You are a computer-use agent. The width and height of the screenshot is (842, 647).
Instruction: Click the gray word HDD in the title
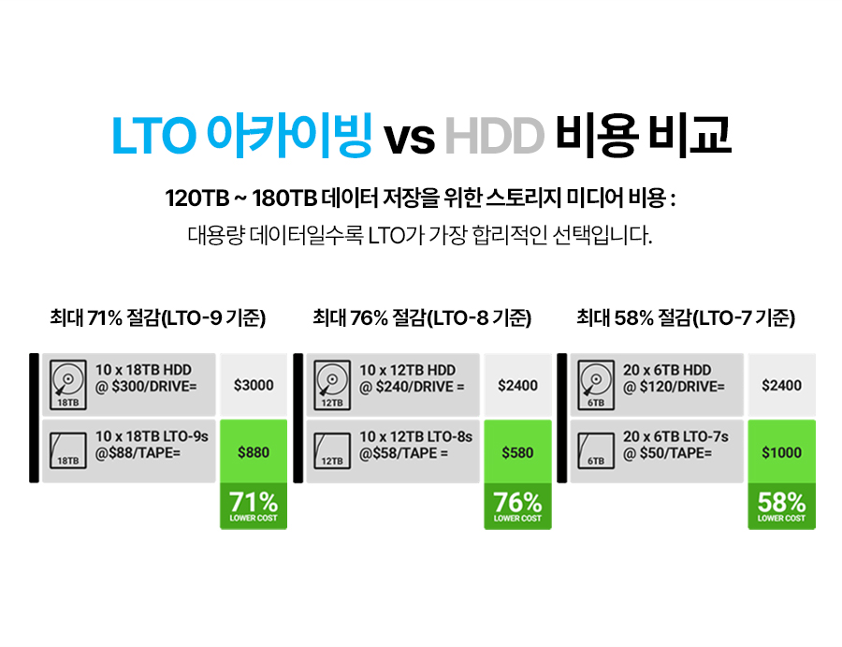click(x=495, y=136)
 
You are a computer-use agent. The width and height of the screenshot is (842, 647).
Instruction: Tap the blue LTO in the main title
click(x=153, y=136)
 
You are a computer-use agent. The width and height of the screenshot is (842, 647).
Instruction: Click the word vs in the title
click(x=409, y=138)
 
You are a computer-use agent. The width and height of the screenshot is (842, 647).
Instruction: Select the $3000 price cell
click(x=254, y=386)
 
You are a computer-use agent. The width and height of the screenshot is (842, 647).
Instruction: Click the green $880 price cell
click(x=254, y=452)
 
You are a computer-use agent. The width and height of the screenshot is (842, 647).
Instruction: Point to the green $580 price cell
click(x=517, y=452)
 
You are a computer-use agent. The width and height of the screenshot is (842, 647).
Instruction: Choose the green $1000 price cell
click(x=781, y=452)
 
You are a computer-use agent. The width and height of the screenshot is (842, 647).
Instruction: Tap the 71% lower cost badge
click(x=254, y=507)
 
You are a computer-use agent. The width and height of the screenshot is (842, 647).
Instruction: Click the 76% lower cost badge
click(x=517, y=507)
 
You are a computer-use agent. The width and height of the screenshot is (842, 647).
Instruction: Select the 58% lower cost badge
click(x=781, y=507)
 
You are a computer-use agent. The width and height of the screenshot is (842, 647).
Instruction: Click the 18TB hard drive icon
click(x=68, y=385)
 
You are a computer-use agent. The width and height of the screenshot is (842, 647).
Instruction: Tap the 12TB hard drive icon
click(x=332, y=385)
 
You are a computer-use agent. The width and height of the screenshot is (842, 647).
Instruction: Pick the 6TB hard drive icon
click(x=596, y=385)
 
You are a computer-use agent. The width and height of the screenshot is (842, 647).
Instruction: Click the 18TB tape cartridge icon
click(x=68, y=450)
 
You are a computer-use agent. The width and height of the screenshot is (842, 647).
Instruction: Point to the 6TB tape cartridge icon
click(x=596, y=450)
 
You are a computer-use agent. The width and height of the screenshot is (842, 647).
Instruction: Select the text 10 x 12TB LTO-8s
click(x=415, y=437)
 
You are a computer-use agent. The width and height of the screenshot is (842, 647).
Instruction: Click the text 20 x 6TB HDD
click(x=667, y=370)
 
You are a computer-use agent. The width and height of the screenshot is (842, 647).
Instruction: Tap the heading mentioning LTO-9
click(x=158, y=317)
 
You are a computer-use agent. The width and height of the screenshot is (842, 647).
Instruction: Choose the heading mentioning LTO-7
click(x=686, y=317)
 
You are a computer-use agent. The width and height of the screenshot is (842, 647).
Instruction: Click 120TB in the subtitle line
click(x=197, y=199)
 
